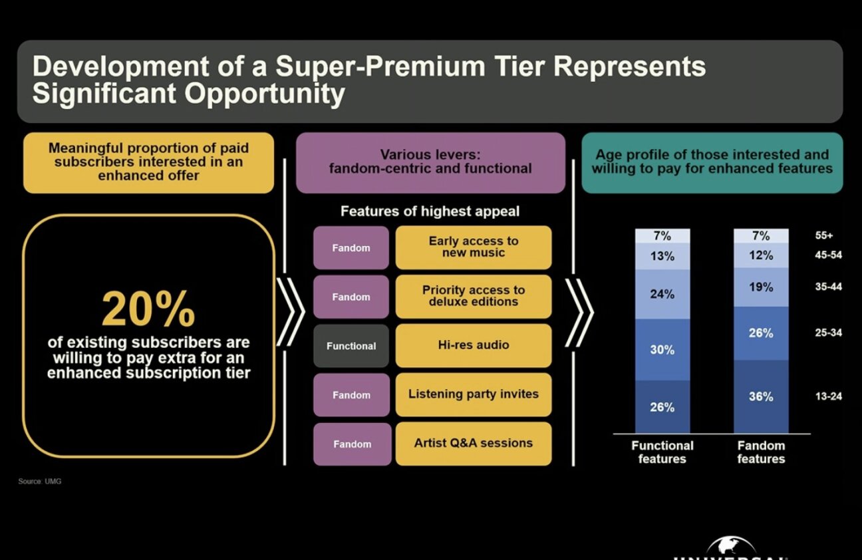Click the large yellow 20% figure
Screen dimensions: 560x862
[x=148, y=309]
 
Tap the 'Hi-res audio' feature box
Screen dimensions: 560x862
[x=474, y=345]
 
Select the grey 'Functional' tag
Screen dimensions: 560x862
[x=351, y=346]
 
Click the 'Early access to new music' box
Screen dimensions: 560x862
[x=474, y=247]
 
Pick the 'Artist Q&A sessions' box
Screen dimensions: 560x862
[x=474, y=443]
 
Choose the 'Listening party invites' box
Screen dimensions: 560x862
[x=474, y=394]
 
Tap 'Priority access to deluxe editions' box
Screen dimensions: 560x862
[x=474, y=296]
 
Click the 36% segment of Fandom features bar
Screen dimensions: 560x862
[x=761, y=396]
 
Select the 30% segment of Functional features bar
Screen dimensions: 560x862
[x=662, y=349]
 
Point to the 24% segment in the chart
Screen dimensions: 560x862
[x=662, y=294]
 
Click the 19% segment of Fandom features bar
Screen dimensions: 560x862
[x=761, y=287]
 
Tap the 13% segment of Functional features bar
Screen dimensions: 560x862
[x=662, y=256]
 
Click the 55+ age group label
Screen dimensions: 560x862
[x=823, y=235]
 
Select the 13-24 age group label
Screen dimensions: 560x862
[x=828, y=396]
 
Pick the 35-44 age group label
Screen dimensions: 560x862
[x=828, y=287]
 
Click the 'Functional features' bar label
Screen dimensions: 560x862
[x=662, y=452]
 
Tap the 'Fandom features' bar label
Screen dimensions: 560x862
[x=761, y=452]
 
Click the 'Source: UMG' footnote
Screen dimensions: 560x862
[x=40, y=481]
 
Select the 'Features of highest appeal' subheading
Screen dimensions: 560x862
[x=430, y=211]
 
